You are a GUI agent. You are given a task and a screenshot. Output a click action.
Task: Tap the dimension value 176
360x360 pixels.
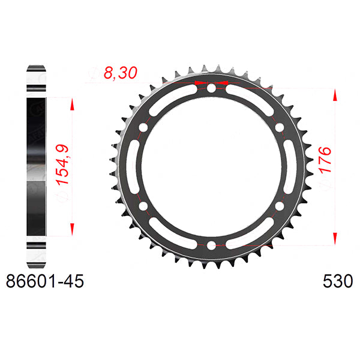click(x=325, y=160)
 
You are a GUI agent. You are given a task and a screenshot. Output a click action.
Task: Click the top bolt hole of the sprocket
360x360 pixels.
click(x=211, y=89)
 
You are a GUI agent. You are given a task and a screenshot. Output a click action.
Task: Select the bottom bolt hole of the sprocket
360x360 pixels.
click(x=211, y=245)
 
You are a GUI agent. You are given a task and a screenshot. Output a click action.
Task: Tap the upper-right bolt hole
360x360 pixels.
click(x=279, y=128)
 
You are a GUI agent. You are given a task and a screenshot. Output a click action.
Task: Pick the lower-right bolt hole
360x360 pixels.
click(x=279, y=206)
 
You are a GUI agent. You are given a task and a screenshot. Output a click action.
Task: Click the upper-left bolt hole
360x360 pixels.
click(x=143, y=128)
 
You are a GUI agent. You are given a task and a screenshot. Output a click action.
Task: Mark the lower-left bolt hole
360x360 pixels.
click(x=143, y=206)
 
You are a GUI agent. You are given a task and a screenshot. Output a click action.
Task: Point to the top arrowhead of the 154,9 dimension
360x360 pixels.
click(x=72, y=103)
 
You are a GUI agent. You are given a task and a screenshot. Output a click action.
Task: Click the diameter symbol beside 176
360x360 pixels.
click(x=325, y=188)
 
